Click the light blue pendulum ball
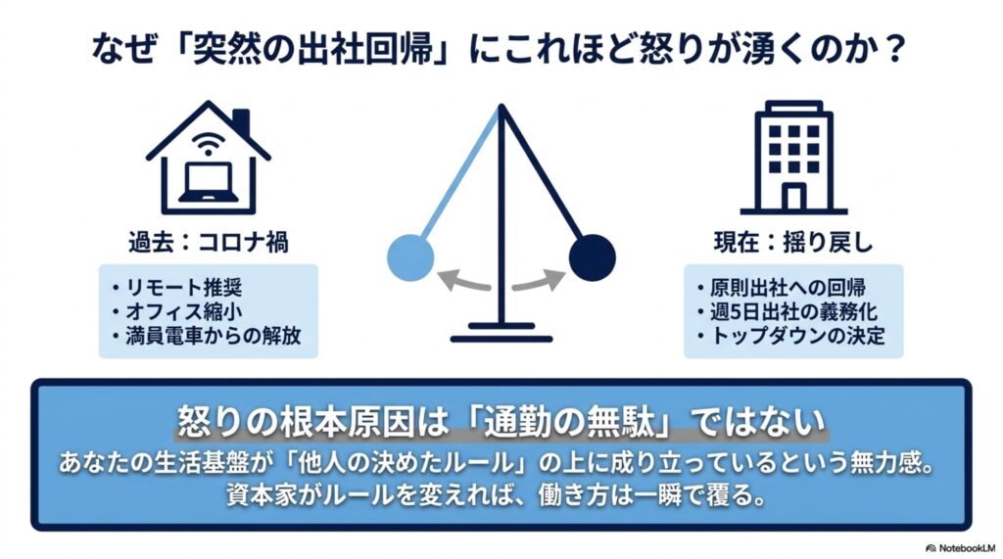(x=410, y=257)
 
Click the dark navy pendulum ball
(x=593, y=257)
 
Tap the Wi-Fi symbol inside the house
(x=208, y=145)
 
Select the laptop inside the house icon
(x=208, y=182)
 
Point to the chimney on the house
(x=241, y=123)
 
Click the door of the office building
(x=793, y=197)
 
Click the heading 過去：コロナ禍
(x=209, y=243)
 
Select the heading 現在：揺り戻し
(x=793, y=243)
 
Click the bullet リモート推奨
(x=178, y=287)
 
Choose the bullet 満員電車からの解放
(x=207, y=336)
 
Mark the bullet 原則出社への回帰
(x=782, y=287)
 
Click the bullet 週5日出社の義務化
(x=788, y=311)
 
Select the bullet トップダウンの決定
(x=791, y=336)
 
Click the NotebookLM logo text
(x=961, y=548)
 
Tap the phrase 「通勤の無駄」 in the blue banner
(x=571, y=422)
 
